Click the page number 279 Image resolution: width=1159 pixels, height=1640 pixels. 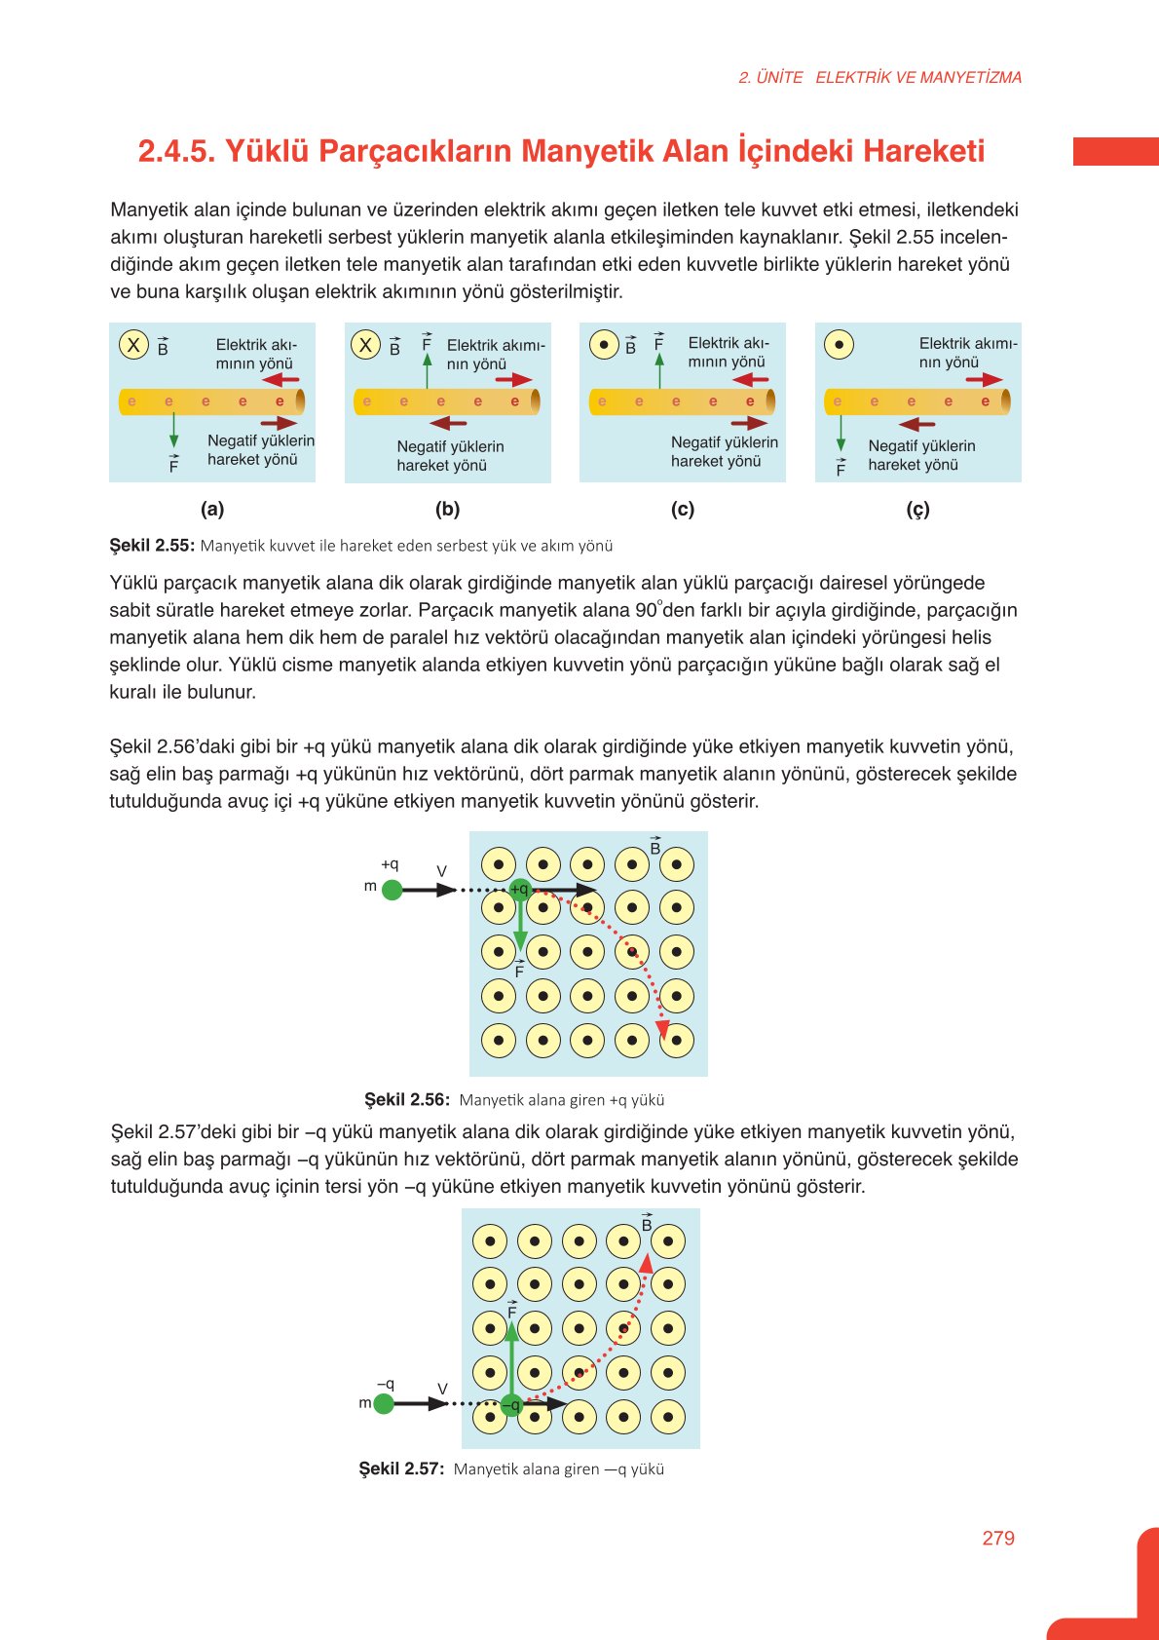click(998, 1538)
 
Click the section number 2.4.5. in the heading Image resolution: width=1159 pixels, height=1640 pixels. click(175, 151)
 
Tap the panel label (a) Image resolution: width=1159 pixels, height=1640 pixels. click(212, 509)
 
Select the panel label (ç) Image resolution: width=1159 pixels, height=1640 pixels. click(917, 509)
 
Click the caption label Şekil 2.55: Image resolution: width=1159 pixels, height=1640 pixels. click(152, 546)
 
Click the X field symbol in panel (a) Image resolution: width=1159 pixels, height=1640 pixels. click(133, 344)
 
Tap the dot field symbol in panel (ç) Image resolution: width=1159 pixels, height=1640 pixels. click(839, 344)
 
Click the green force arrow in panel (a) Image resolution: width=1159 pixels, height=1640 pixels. click(173, 431)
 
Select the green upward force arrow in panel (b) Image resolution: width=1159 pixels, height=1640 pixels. click(427, 371)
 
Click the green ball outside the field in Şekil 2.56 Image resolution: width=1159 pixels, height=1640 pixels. click(392, 890)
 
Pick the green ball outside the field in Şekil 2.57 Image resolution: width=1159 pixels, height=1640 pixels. click(384, 1403)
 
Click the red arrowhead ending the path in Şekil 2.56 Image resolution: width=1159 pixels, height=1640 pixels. click(662, 1029)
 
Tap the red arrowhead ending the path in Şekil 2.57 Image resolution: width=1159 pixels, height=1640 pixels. click(646, 1264)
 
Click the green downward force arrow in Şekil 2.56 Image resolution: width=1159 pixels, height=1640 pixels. click(520, 926)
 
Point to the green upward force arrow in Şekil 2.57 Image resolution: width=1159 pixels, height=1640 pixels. click(511, 1350)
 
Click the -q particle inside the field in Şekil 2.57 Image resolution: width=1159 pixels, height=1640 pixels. click(511, 1404)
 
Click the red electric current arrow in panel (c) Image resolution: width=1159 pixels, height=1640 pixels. click(751, 379)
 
